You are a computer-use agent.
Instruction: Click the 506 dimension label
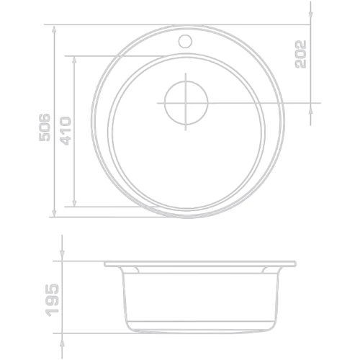(x=45, y=127)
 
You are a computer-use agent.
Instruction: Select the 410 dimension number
(x=66, y=131)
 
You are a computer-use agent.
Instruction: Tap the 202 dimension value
(x=301, y=54)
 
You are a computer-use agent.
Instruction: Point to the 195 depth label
(x=53, y=300)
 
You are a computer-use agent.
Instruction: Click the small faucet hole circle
(x=185, y=41)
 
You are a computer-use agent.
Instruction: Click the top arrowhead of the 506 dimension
(x=54, y=30)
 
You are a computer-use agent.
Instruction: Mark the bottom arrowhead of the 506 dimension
(x=54, y=212)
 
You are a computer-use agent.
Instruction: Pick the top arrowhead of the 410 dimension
(x=74, y=61)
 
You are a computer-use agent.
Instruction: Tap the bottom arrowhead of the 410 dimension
(x=74, y=202)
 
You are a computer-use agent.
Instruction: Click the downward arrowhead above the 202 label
(x=310, y=14)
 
